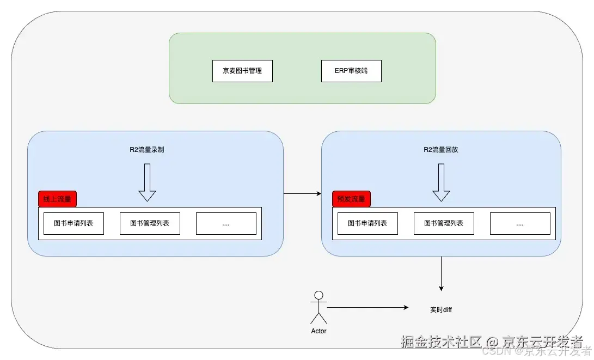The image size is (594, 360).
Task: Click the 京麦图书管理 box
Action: (x=242, y=71)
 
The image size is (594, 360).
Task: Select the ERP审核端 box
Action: (x=351, y=71)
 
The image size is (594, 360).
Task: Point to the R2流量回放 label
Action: (x=441, y=149)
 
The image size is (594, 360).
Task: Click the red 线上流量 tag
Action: (x=57, y=199)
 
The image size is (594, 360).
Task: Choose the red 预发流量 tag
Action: (x=351, y=199)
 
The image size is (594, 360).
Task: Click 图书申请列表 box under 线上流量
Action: (x=74, y=223)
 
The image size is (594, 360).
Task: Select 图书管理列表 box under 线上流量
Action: (x=150, y=223)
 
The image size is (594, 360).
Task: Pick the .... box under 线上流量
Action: (x=226, y=223)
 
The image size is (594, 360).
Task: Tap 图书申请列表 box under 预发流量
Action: (x=368, y=223)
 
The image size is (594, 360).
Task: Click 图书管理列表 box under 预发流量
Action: (x=444, y=223)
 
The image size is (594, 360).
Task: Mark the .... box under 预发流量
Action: (x=520, y=223)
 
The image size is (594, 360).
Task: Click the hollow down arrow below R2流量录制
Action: (x=147, y=182)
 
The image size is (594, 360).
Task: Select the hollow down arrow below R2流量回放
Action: (x=441, y=182)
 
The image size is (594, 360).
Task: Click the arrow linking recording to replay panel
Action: (x=302, y=193)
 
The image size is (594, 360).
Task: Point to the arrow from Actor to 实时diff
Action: (x=368, y=308)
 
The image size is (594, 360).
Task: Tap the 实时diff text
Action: (x=441, y=309)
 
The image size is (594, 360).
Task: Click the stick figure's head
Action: (x=319, y=296)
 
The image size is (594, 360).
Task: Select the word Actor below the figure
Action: (x=319, y=331)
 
